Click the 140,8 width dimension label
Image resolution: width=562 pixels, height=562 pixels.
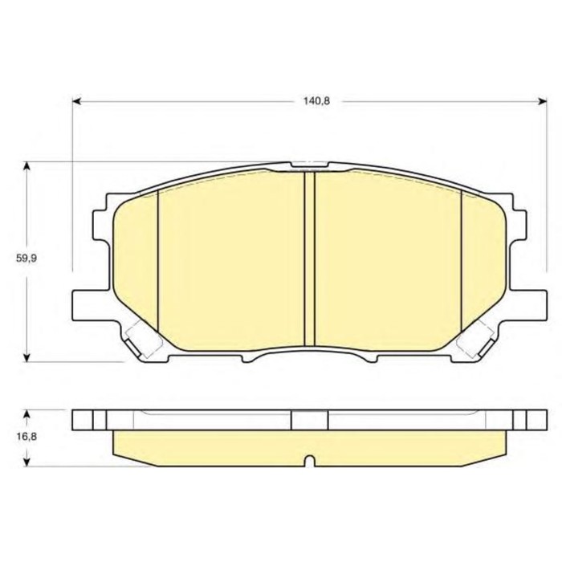click(x=316, y=101)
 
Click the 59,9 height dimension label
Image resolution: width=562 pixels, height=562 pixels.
click(x=26, y=258)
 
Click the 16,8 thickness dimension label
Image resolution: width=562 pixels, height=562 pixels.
click(x=26, y=437)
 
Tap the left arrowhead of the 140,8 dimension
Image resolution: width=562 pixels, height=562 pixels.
click(x=77, y=101)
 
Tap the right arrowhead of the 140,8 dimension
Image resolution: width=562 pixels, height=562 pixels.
click(x=542, y=101)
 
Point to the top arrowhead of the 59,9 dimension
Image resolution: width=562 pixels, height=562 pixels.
click(x=26, y=166)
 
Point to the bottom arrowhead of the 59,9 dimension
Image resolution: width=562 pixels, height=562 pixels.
click(x=26, y=357)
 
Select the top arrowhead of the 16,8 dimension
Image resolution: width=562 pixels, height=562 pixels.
click(x=26, y=414)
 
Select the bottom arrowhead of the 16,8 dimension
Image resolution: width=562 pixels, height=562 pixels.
click(x=26, y=462)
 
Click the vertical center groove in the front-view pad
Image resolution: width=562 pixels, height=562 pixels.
click(x=309, y=259)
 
